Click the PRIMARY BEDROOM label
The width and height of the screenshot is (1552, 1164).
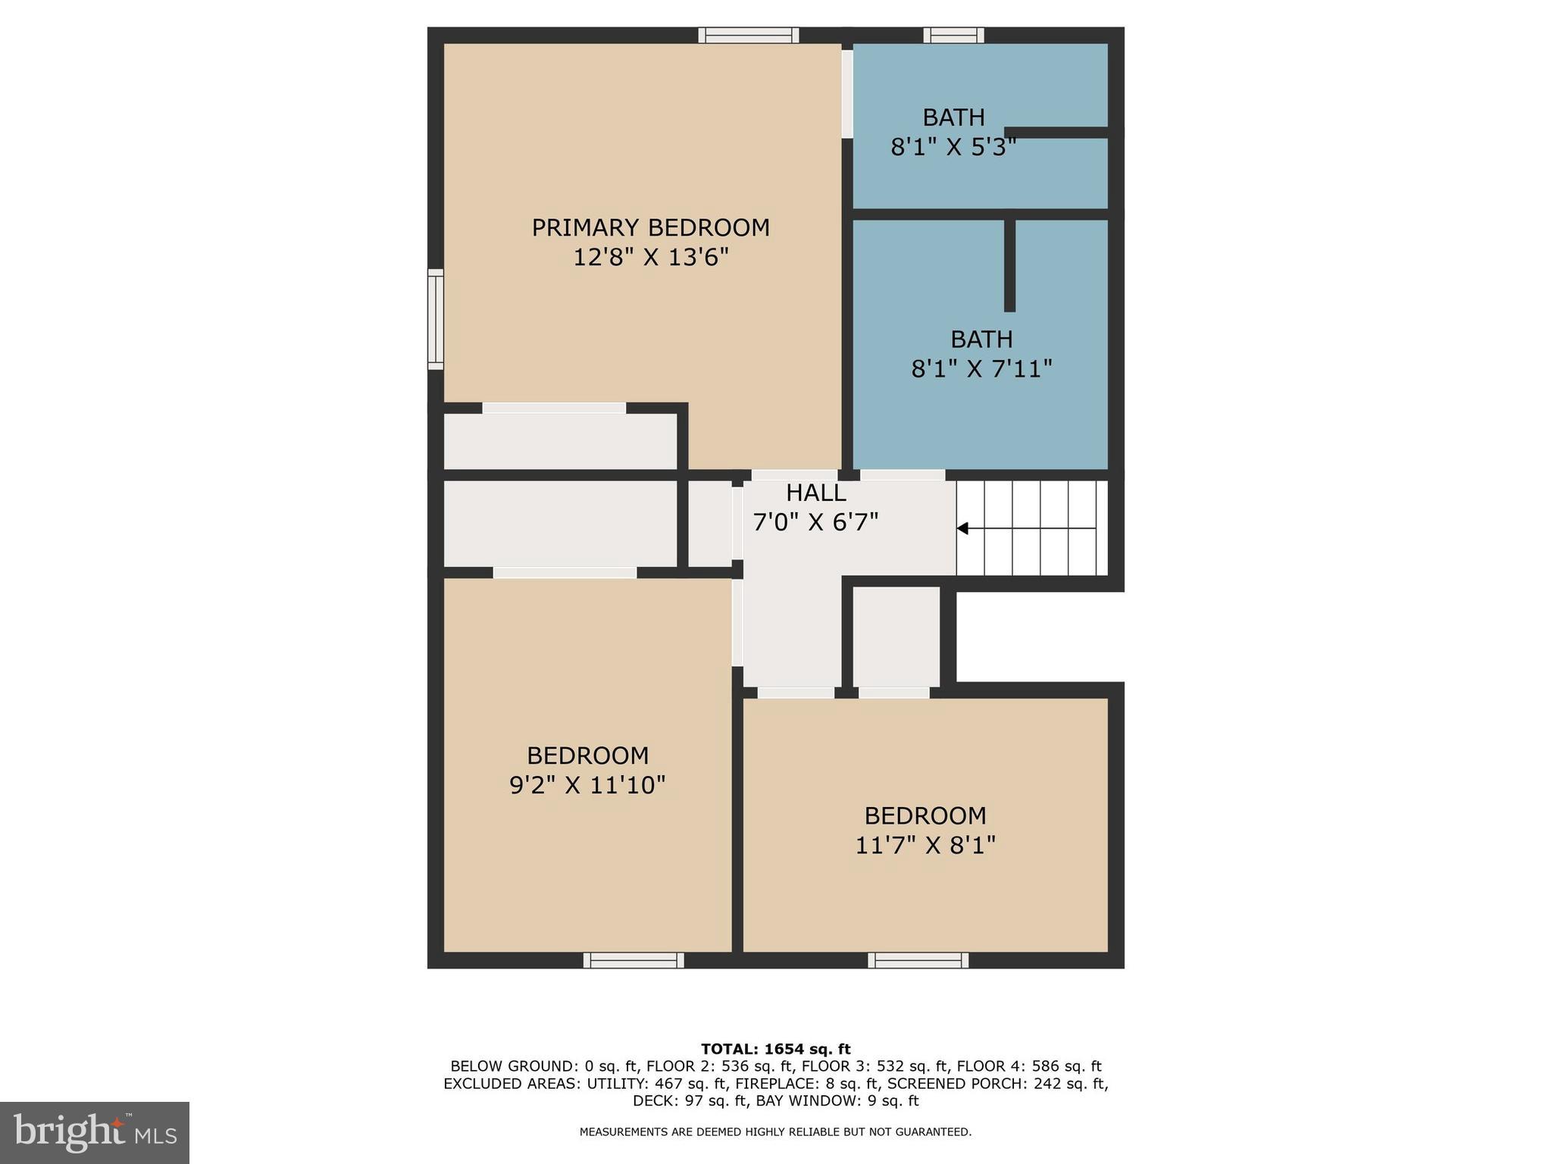650,227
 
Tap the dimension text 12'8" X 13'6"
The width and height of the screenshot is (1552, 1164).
650,258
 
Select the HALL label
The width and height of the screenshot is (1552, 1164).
815,493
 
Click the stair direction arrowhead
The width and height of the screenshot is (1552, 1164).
962,528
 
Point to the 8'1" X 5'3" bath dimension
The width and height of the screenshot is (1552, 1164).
953,146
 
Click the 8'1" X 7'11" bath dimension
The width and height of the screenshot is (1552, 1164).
981,369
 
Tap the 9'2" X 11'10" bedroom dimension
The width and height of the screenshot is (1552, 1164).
587,785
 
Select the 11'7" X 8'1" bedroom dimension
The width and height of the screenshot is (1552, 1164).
925,845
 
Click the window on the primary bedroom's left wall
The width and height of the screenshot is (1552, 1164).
435,319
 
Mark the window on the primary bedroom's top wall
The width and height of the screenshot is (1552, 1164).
748,35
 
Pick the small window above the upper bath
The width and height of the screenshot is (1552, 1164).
953,35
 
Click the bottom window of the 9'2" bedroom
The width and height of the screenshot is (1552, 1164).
634,960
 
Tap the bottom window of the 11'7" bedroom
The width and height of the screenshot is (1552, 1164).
918,960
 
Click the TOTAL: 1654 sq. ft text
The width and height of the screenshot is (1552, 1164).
775,1050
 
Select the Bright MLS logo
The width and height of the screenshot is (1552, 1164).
95,1132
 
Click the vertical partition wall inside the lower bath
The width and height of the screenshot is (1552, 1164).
1009,265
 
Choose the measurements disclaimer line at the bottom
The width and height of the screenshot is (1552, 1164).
775,1132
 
